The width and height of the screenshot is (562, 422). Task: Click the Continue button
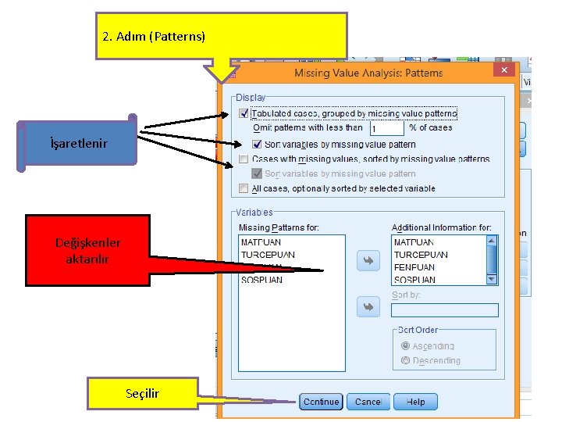pyautogui.click(x=321, y=402)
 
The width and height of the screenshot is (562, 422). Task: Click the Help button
pyautogui.click(x=415, y=402)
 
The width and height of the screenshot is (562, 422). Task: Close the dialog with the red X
pyautogui.click(x=504, y=70)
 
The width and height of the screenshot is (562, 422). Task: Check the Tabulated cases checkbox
pyautogui.click(x=244, y=114)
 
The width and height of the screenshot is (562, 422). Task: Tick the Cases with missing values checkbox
pyautogui.click(x=244, y=159)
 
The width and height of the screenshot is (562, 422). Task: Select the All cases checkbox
pyautogui.click(x=244, y=188)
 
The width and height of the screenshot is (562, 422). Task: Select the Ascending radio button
pyautogui.click(x=404, y=346)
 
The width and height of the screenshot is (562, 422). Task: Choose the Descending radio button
pyautogui.click(x=404, y=360)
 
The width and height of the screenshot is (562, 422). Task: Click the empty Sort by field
pyautogui.click(x=444, y=310)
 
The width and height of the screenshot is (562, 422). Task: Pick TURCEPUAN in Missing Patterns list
pyautogui.click(x=268, y=255)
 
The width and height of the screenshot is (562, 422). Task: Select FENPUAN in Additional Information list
pyautogui.click(x=414, y=267)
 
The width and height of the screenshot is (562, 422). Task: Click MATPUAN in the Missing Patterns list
pyautogui.click(x=261, y=242)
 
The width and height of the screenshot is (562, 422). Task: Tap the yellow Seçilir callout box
pyautogui.click(x=142, y=393)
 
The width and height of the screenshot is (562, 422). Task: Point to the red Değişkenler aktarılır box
pyautogui.click(x=87, y=250)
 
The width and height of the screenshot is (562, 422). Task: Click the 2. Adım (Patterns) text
pyautogui.click(x=154, y=37)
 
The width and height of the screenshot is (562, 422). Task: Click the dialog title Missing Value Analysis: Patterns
pyautogui.click(x=368, y=73)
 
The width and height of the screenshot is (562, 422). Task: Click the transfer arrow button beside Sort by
pyautogui.click(x=368, y=307)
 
